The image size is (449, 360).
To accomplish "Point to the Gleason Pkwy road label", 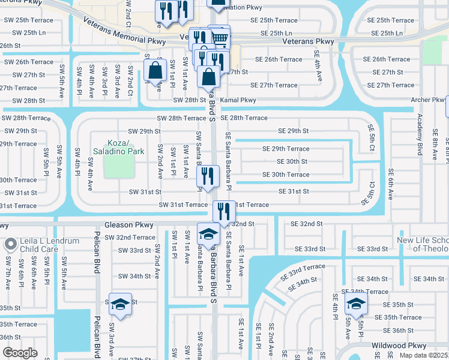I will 128,225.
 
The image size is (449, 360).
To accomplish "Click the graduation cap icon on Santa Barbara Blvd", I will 209,233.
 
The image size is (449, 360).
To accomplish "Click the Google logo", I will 20,353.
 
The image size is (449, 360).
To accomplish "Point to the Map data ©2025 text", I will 423,355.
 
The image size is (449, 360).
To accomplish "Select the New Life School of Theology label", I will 414,244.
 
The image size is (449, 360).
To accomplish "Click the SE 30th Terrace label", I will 286,175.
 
